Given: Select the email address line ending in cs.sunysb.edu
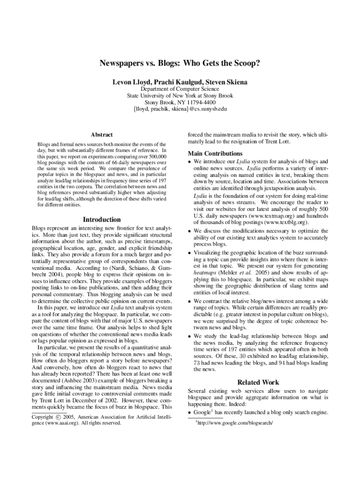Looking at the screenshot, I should click(x=180, y=109).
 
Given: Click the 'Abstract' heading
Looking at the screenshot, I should click(x=101, y=134).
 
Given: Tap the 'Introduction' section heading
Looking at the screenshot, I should click(x=101, y=219).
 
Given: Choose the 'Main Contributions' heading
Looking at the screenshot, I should click(x=215, y=153).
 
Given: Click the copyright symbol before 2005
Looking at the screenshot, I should click(x=58, y=416).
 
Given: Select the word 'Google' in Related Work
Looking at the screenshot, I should click(x=202, y=412).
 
